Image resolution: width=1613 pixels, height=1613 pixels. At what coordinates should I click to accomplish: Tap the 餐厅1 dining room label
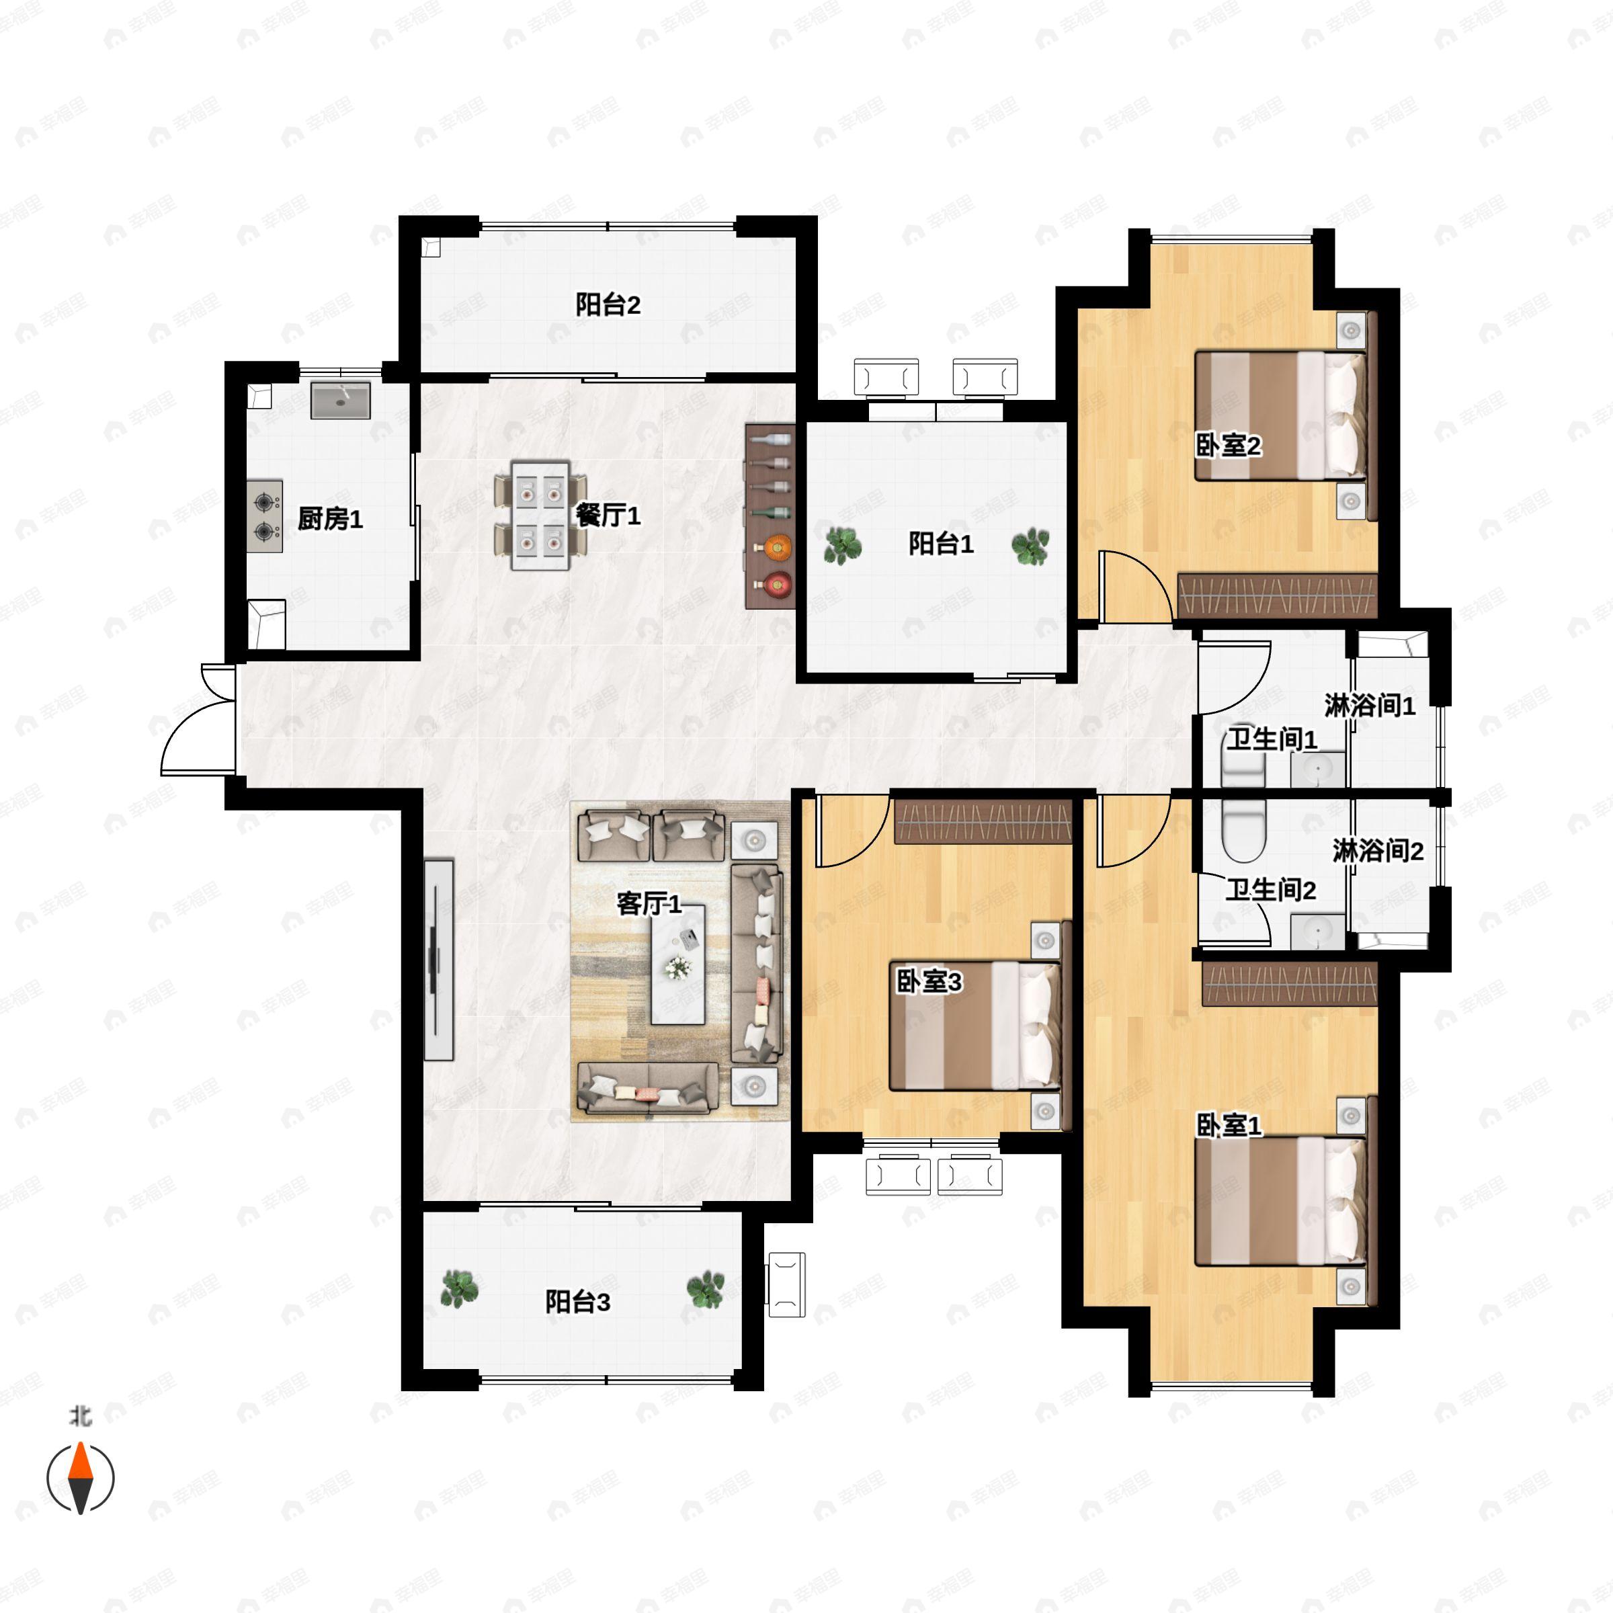[608, 515]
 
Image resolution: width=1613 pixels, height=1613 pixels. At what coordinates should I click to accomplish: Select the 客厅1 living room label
[649, 903]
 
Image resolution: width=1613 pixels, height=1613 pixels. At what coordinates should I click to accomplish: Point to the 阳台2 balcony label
[608, 304]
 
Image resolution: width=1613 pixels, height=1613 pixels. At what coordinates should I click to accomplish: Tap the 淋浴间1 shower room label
[1370, 706]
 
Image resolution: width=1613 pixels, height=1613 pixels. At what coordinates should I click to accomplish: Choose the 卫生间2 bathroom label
[1271, 890]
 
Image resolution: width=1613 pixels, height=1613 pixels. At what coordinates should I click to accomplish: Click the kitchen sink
[341, 401]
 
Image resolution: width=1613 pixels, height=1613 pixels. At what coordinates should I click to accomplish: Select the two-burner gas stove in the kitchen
[265, 516]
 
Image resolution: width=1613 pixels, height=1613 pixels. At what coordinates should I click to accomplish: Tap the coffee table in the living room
[678, 965]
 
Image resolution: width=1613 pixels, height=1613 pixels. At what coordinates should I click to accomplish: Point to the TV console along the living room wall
[438, 960]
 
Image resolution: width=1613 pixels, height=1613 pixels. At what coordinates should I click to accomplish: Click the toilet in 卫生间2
[1243, 830]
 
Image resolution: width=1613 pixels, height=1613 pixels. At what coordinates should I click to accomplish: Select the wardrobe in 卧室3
[983, 823]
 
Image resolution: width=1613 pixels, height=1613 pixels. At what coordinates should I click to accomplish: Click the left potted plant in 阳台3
[459, 1288]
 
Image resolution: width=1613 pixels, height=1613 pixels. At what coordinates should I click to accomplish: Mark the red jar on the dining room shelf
[778, 585]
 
